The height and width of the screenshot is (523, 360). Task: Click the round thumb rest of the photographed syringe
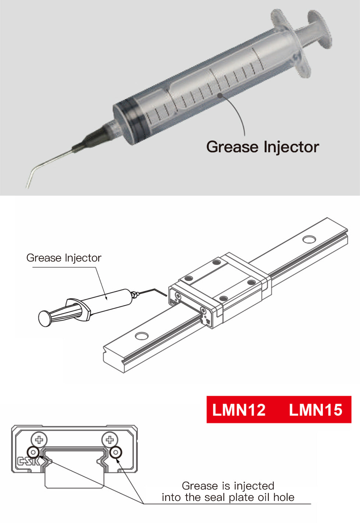point(320,29)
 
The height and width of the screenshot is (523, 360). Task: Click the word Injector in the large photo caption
point(292,147)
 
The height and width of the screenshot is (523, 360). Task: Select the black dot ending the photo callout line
point(220,95)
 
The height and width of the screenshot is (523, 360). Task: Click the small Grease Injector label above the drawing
point(64,258)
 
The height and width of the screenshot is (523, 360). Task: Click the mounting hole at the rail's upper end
point(309,239)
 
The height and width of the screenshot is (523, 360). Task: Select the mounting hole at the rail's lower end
point(142,336)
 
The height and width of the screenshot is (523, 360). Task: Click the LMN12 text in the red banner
point(239,410)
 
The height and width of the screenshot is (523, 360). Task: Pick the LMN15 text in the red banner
point(315,410)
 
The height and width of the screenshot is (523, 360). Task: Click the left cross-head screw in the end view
point(39,440)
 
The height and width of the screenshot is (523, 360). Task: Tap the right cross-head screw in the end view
point(110,440)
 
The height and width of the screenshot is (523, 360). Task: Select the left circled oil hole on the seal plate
point(33,452)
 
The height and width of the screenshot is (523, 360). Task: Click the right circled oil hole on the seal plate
point(116,452)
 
